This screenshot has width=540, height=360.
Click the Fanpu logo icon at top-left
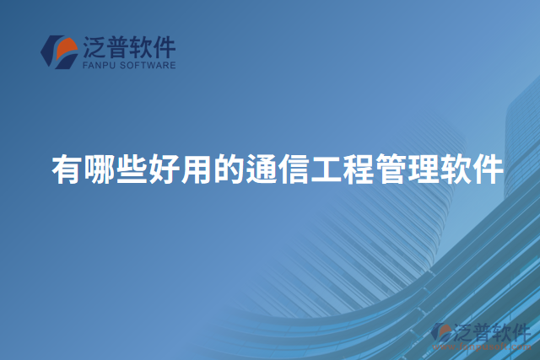(59, 51)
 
